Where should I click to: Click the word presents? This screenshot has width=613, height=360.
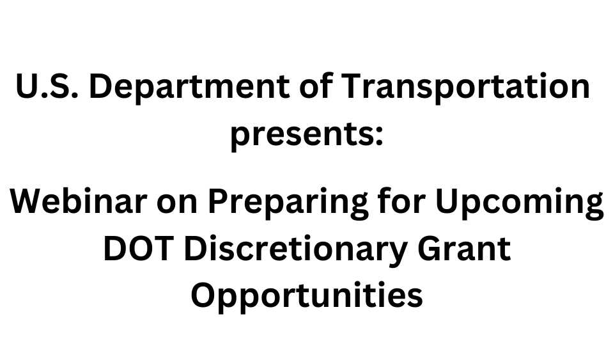point(302,134)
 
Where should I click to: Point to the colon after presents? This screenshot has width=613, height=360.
point(378,136)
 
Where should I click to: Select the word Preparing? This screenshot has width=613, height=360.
point(288,203)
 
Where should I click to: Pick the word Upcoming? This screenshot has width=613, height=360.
point(520,203)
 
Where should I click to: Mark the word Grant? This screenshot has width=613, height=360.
point(464,249)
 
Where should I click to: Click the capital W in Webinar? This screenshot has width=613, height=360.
point(29,201)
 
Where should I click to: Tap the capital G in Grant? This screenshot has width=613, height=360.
point(430,249)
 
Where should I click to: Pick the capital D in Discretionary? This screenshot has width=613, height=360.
point(195,249)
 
